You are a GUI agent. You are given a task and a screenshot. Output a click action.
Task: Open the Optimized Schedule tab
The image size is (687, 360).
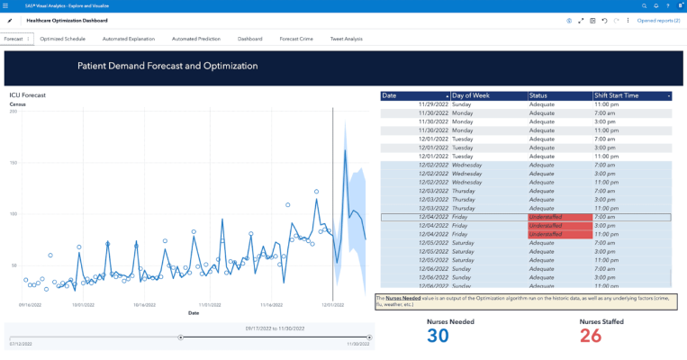[x=62, y=39]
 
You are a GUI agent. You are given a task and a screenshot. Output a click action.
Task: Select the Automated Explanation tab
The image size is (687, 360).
[x=128, y=39]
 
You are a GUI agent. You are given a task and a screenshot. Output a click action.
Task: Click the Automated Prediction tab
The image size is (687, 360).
[x=196, y=39]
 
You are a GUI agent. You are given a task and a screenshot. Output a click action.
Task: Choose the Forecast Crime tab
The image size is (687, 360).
[x=296, y=39]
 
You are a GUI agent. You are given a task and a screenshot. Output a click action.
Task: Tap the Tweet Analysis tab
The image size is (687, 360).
[x=347, y=39]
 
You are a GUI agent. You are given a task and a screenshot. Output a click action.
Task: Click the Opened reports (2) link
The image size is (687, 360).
[x=658, y=20]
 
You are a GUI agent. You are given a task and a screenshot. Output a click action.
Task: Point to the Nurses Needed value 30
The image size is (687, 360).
[x=438, y=336]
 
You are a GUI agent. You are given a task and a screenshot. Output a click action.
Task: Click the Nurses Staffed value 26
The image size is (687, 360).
[x=591, y=336]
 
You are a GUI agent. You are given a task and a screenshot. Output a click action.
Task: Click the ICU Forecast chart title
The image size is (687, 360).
[x=28, y=94]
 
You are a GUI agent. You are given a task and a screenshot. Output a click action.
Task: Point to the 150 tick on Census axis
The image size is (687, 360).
[x=14, y=163]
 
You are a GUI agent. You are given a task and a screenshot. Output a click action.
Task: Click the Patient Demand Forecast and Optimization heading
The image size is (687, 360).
[x=167, y=67]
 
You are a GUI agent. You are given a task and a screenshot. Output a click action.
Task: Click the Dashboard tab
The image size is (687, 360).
[x=249, y=39]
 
